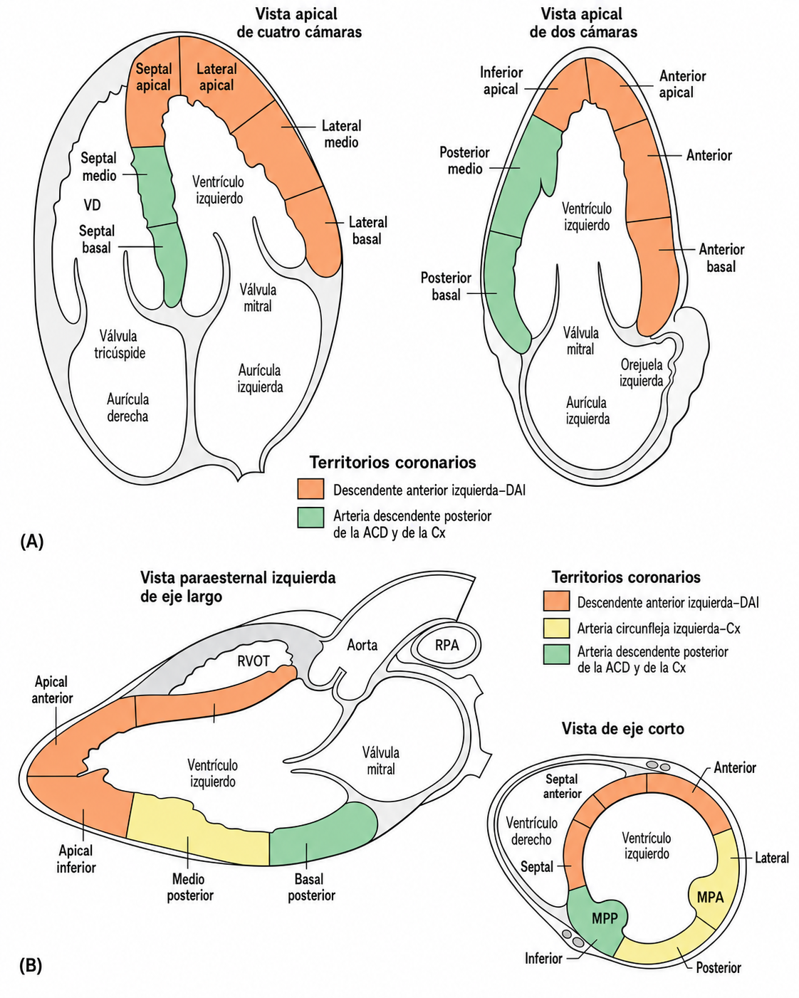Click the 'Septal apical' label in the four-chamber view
tap(153, 77)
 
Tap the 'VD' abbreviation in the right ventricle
tap(93, 205)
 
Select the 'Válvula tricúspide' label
tap(120, 345)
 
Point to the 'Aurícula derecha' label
tap(127, 408)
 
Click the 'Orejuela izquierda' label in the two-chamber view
tap(641, 372)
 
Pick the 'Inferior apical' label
tap(501, 80)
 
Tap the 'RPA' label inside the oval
tap(446, 645)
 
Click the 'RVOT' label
tap(254, 661)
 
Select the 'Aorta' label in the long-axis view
tap(362, 645)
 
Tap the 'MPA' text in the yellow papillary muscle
tap(711, 897)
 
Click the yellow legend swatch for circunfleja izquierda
tap(556, 629)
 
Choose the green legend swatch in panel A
tap(310, 517)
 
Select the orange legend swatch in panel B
tap(556, 601)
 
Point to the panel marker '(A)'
tap(32, 541)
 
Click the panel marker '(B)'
tap(31, 966)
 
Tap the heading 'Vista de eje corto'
tap(623, 728)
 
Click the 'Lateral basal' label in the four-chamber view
tap(367, 231)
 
